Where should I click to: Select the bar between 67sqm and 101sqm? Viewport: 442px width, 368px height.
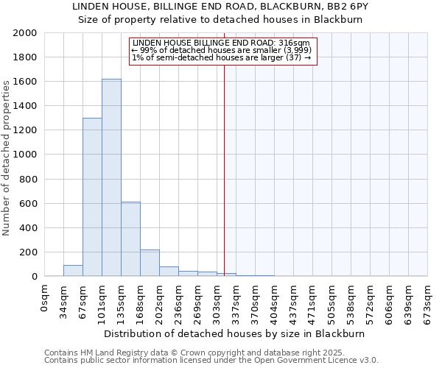click(x=92, y=197)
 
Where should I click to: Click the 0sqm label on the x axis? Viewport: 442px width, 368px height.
click(x=45, y=297)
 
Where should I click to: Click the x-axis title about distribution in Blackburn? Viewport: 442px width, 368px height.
click(x=235, y=333)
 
